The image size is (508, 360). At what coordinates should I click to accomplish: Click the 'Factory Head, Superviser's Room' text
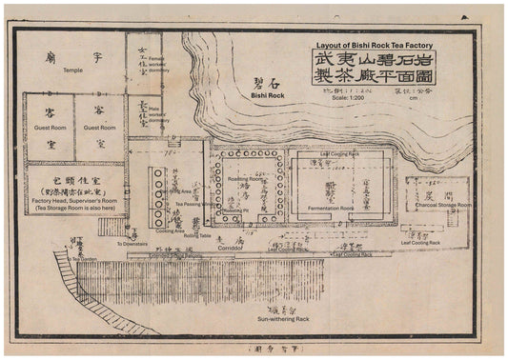click(78, 196)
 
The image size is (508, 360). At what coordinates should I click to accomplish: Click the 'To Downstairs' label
click(133, 244)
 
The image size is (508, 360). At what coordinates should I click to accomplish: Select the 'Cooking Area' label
click(171, 230)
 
